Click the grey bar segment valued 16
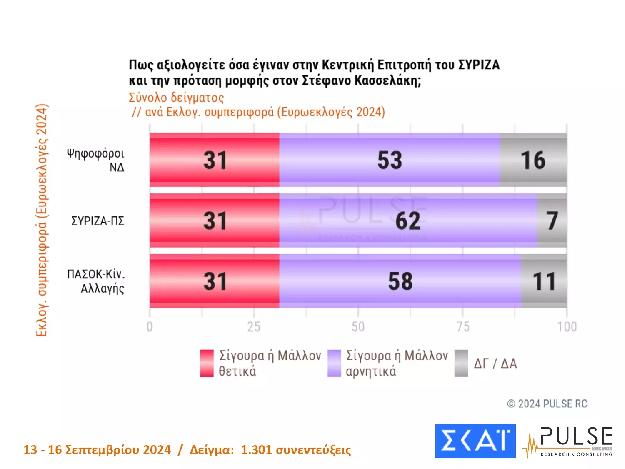pos(533,160)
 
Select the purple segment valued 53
pos(390,160)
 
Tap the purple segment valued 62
pos(408,221)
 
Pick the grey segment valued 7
pos(552,221)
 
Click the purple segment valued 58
pos(400,281)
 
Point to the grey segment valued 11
pos(544,281)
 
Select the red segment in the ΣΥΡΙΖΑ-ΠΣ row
pos(215,221)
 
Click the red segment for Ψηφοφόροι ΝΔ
pos(215,160)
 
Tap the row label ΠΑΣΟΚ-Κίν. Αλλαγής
pos(97,281)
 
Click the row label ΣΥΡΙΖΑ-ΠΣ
pos(98,221)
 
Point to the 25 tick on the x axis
pos(254,327)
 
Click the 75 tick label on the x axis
pos(462,327)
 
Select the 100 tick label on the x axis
pos(567,327)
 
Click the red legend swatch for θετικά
pos(207,363)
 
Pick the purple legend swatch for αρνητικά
pos(334,363)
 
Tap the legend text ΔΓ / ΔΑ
pos(495,364)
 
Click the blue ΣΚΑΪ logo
pos(475,441)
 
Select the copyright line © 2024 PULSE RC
pos(547,404)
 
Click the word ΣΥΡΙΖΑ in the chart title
pos(479,65)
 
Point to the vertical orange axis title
pos(42,220)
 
